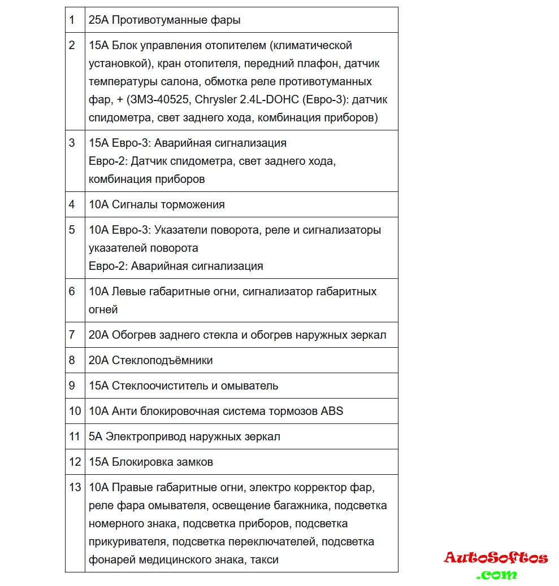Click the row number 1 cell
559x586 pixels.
72,20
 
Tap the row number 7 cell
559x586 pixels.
72,335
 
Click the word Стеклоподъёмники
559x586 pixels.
162,360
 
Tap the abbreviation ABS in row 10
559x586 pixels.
332,411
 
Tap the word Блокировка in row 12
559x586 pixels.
139,462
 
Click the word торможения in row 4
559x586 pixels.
193,204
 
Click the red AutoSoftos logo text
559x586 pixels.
496,558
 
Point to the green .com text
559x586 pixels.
496,575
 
